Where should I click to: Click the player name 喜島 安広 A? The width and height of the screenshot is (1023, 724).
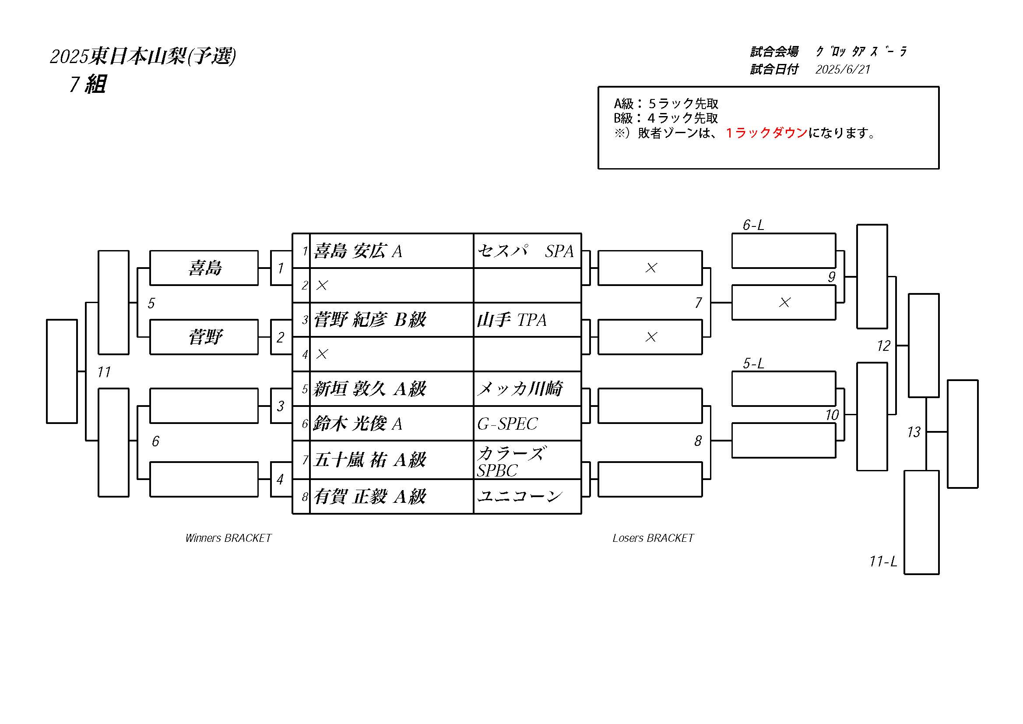[358, 251]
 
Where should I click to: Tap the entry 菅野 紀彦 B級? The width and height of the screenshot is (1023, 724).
[370, 320]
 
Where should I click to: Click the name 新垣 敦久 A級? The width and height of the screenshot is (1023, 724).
[370, 389]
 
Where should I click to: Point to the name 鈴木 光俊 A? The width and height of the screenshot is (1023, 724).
[358, 424]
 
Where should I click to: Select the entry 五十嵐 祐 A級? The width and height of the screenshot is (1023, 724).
[370, 459]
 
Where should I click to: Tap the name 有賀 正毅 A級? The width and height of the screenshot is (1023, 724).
[370, 496]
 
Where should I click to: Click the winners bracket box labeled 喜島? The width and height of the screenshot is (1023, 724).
[204, 268]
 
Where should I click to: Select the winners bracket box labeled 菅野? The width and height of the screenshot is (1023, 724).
[204, 337]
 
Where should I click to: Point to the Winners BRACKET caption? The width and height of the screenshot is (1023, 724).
[229, 538]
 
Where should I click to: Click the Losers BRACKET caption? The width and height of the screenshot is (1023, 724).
[653, 538]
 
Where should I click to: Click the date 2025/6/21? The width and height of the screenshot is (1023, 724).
[843, 69]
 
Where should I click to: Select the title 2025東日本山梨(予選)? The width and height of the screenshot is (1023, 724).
[143, 56]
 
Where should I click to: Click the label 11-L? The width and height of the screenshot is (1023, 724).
[883, 561]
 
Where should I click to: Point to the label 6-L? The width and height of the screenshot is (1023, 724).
[753, 225]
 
